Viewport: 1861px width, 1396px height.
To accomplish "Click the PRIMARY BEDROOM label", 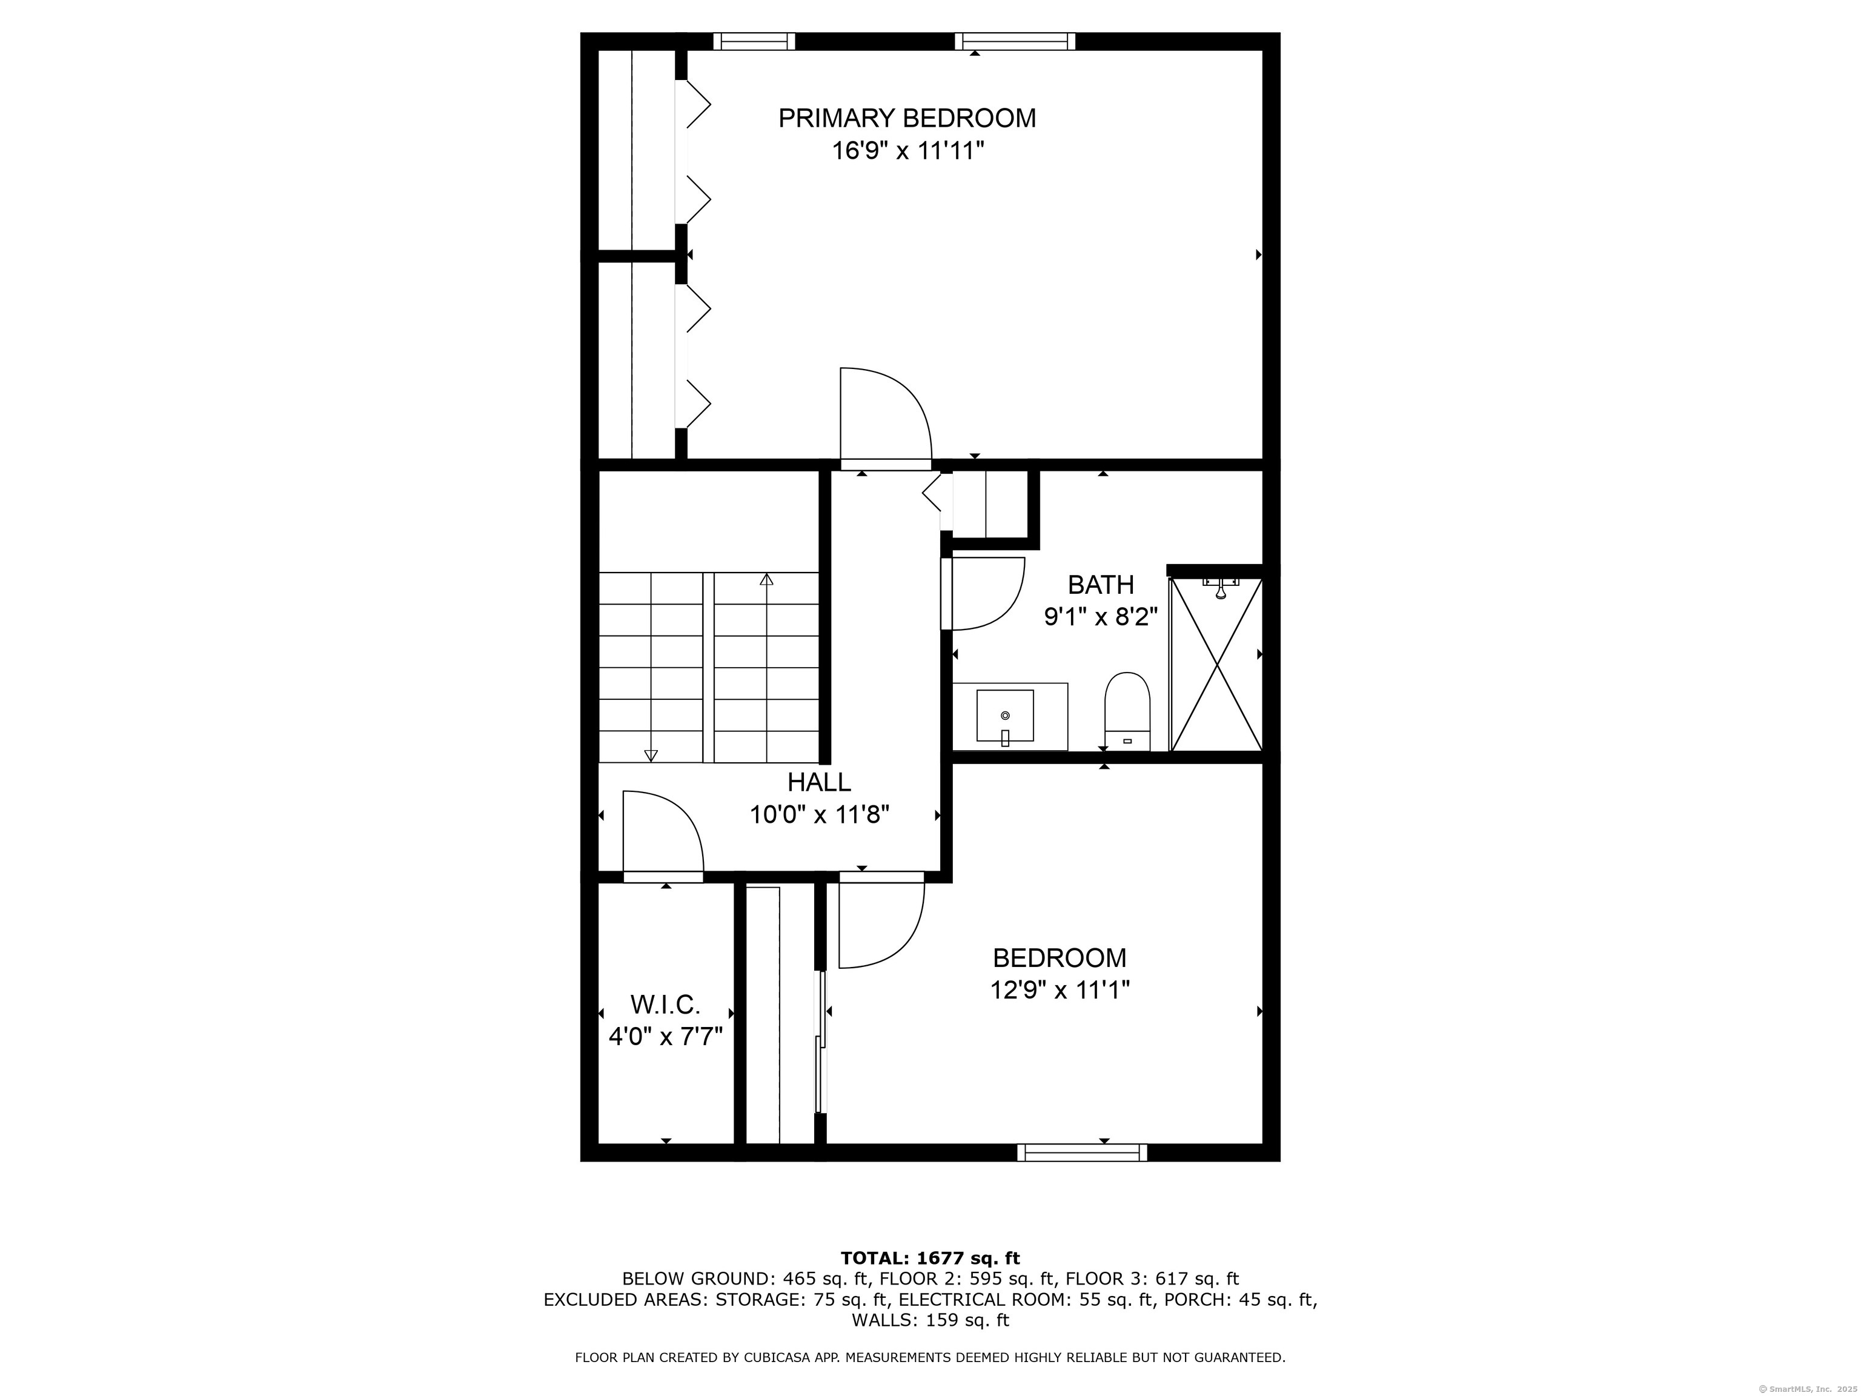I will point(906,118).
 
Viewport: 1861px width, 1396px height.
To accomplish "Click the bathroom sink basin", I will point(1004,715).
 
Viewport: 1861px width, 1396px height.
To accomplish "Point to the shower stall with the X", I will point(1216,665).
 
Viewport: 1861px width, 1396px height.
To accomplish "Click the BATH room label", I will point(1101,584).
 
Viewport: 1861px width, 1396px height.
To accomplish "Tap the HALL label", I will point(818,783).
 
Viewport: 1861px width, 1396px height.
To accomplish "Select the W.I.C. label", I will point(665,1005).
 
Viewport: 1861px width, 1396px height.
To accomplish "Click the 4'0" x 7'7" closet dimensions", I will point(666,1037).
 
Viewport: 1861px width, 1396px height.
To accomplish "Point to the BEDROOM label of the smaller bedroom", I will point(1059,957).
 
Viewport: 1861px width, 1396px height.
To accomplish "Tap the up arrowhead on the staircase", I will point(766,579).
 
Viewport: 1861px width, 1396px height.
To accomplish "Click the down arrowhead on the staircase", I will point(651,755).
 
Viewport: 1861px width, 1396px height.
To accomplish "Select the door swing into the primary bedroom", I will point(883,416).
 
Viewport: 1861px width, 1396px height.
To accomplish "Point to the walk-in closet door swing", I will point(663,833).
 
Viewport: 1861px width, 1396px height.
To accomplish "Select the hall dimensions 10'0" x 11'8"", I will point(818,814).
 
